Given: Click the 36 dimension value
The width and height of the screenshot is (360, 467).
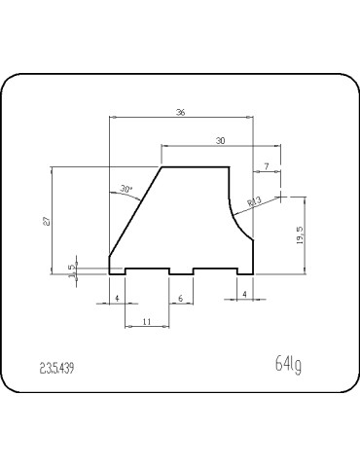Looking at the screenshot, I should pos(181,113).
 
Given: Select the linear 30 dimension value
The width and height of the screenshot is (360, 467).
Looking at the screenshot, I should pos(221,141).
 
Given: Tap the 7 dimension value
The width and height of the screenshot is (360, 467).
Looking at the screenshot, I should pos(267,166).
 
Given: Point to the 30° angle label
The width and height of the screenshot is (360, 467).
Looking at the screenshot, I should pos(126,188).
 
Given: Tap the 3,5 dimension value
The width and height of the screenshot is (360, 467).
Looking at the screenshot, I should pos(72,269).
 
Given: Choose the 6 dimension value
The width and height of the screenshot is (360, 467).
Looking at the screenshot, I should pos(181,297).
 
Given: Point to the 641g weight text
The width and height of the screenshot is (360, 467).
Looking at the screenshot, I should pos(289,365).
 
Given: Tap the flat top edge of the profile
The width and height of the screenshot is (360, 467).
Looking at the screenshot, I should pos(195,167).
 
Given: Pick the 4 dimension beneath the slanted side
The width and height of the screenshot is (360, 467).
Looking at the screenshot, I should pos(117,297).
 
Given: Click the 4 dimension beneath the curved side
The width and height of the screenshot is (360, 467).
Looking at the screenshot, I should pos(244,293).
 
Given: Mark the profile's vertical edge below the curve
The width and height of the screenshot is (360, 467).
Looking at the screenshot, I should pos(254,255).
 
